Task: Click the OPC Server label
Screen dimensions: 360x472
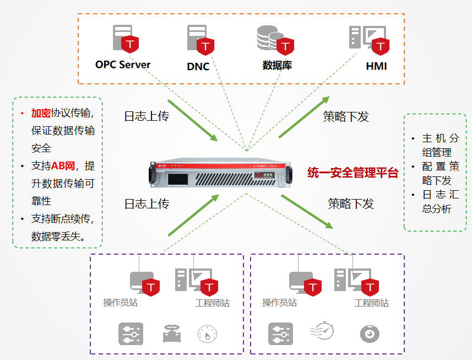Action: pos(122,65)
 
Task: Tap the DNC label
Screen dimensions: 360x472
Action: pos(198,66)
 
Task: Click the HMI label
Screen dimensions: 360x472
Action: pos(376,66)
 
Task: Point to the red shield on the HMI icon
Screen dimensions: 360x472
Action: pos(379,46)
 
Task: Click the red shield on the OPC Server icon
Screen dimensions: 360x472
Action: pos(129,44)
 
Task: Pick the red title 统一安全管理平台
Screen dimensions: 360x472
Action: pos(352,173)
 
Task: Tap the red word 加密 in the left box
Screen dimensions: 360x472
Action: pos(41,113)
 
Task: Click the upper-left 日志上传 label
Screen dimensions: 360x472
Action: pos(146,116)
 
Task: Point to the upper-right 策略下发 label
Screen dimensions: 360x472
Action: pos(345,116)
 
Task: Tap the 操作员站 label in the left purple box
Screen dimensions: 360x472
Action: pos(121,303)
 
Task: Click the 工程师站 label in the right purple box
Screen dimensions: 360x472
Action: pos(371,303)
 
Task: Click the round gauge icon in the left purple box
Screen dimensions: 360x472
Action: pos(207,334)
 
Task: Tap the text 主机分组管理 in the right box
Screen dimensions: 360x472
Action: pos(438,145)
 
